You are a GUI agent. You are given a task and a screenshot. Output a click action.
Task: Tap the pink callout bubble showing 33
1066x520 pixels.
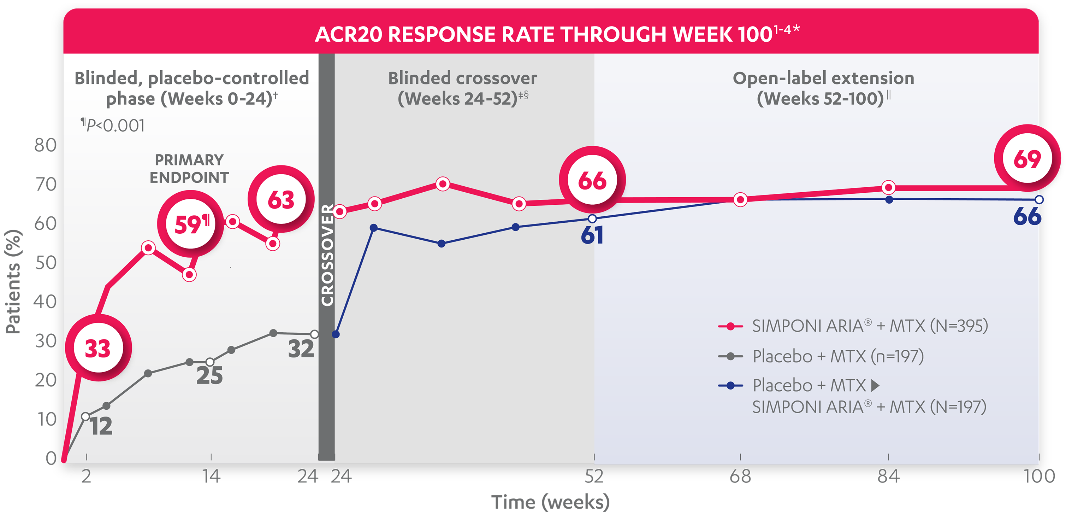[98, 348]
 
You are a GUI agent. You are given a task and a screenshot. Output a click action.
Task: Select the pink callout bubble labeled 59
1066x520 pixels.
[191, 224]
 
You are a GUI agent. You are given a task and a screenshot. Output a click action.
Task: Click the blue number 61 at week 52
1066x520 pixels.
[592, 235]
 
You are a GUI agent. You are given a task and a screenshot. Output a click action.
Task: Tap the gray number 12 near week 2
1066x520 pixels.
[101, 427]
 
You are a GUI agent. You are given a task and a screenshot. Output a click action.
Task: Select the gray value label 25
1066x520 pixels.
[209, 376]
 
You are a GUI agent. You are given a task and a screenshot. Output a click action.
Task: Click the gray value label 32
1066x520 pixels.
[301, 349]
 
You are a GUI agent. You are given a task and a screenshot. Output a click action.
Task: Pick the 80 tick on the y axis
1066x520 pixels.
[46, 145]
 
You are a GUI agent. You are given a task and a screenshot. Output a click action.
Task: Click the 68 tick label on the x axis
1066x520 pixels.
[740, 477]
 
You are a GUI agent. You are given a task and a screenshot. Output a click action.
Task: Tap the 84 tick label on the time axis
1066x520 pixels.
[888, 477]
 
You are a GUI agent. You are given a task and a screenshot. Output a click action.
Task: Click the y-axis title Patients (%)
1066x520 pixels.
[13, 281]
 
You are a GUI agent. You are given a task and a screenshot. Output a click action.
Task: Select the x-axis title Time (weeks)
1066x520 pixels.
[550, 503]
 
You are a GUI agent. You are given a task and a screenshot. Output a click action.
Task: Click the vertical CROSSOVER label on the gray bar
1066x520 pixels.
[327, 255]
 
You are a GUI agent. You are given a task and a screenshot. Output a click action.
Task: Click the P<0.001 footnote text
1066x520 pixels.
[113, 125]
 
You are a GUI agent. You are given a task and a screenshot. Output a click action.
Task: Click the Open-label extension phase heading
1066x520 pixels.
[823, 88]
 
